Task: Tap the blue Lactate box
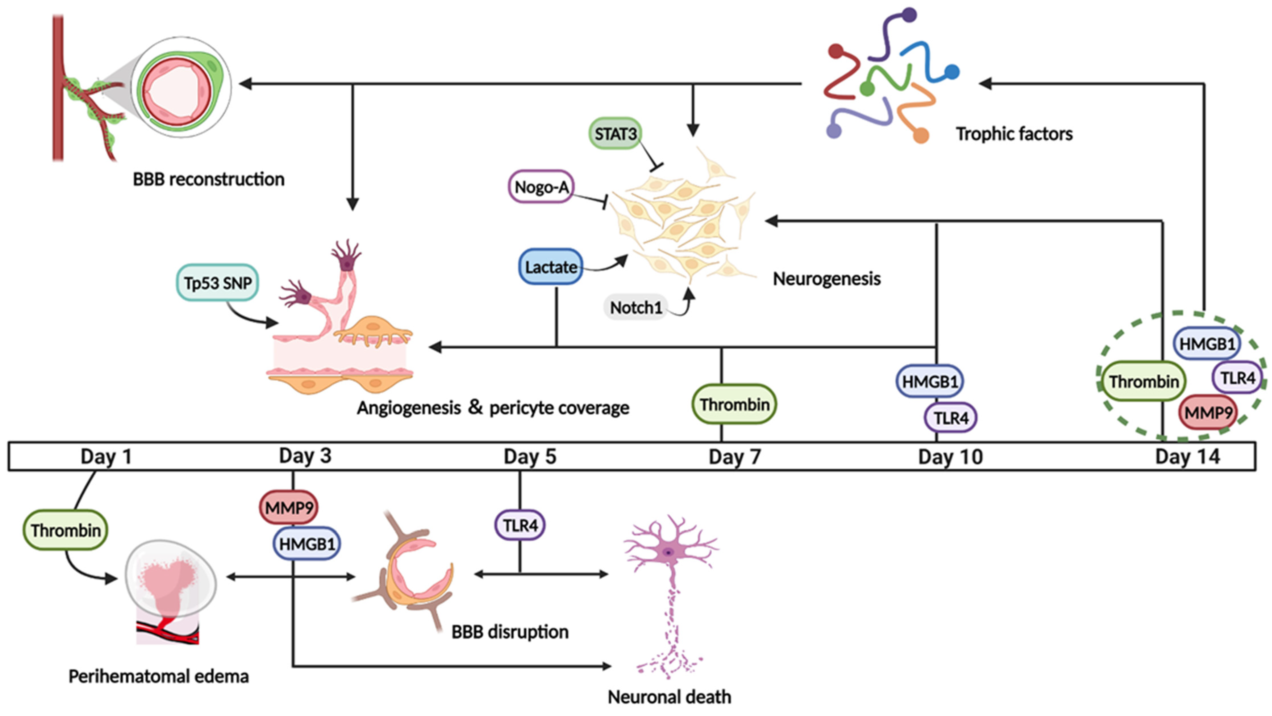[550, 267]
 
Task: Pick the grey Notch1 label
[635, 307]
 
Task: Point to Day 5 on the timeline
[529, 456]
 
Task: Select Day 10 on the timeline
[950, 456]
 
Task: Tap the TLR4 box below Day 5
[520, 526]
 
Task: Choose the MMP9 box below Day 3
[289, 507]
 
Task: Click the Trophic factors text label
[1014, 134]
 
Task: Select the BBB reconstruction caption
[208, 179]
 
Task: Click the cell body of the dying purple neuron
[669, 552]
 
